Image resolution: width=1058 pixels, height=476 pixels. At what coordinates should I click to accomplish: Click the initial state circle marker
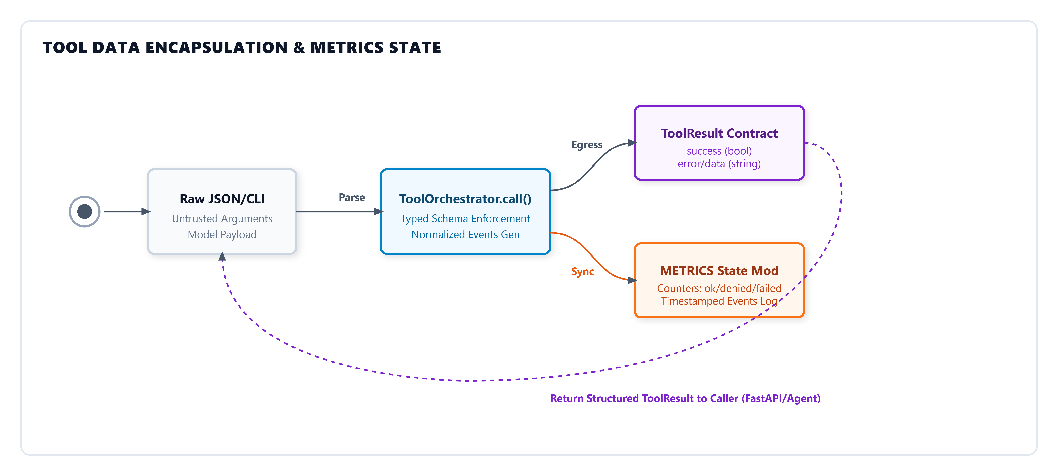tap(85, 212)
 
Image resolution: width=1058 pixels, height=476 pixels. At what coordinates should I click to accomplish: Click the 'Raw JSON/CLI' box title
tap(222, 199)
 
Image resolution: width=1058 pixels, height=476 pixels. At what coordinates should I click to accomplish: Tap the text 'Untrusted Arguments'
tap(222, 218)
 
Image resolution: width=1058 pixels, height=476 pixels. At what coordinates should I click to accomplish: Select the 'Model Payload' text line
tap(222, 234)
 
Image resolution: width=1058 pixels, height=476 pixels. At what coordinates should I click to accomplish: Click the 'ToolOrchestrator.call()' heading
tap(465, 199)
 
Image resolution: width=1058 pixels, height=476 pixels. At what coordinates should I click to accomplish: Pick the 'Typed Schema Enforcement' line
tap(465, 218)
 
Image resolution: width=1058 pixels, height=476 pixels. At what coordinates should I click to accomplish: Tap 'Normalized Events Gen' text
tap(465, 234)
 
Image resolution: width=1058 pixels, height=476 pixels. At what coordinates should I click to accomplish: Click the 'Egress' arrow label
tap(587, 145)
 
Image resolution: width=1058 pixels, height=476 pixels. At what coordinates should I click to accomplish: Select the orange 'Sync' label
tap(582, 272)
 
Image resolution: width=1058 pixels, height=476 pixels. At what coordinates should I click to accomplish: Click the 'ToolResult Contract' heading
tap(719, 133)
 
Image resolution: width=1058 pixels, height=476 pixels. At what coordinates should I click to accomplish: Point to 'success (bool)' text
tap(719, 151)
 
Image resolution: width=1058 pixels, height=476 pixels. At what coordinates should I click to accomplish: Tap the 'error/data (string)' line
tap(719, 164)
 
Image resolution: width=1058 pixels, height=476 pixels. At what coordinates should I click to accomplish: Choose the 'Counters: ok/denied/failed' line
tap(719, 288)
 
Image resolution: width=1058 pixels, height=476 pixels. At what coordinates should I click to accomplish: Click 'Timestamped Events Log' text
tap(719, 301)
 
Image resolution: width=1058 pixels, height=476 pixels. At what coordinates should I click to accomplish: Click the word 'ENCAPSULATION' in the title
tap(216, 48)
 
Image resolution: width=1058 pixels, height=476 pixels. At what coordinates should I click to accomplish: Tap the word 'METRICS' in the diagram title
tap(347, 48)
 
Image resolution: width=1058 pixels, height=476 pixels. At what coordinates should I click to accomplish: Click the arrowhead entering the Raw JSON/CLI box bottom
tap(222, 257)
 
